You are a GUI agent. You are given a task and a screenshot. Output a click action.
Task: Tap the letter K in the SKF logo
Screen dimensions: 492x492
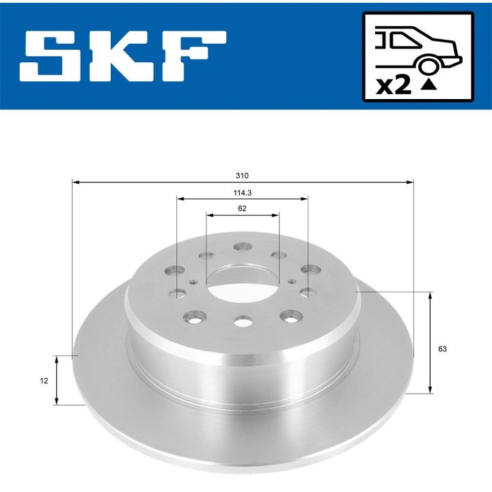(113, 54)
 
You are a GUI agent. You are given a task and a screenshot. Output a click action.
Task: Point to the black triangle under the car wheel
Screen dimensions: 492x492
(428, 85)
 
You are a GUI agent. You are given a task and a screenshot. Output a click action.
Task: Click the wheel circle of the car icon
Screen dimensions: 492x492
(429, 66)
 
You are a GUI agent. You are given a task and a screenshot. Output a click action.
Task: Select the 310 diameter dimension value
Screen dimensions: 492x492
(243, 176)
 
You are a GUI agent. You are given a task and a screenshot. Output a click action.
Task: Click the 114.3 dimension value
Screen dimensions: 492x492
(243, 192)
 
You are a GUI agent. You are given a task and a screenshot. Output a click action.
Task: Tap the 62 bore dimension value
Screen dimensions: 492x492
(243, 208)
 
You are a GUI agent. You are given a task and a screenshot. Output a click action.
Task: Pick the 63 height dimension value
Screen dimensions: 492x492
(442, 349)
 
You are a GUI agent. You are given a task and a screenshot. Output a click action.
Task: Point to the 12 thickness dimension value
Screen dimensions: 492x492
(45, 382)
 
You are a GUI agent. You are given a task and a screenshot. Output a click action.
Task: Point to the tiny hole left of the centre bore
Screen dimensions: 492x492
(194, 281)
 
